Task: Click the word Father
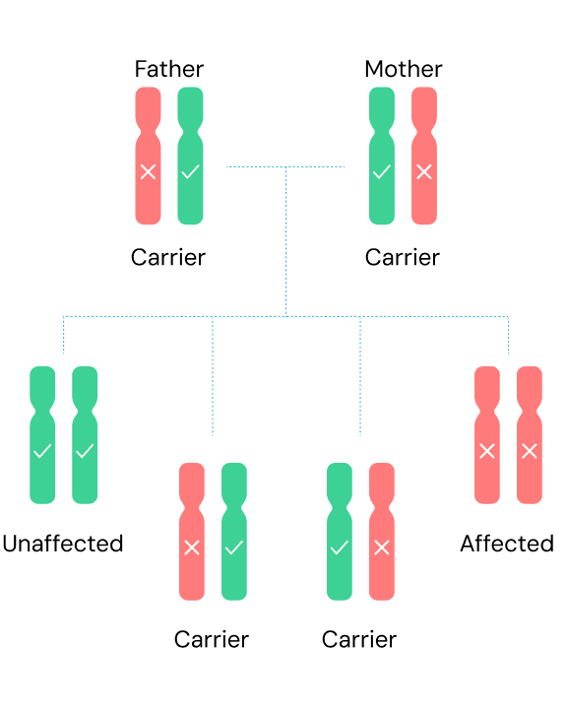[x=169, y=69]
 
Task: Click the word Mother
[x=404, y=69]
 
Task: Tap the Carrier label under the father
[x=168, y=257]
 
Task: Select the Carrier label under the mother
[x=403, y=257]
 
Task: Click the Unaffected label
[x=63, y=544]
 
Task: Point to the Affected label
[x=507, y=544]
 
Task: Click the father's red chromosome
[x=148, y=156]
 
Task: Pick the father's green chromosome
[x=190, y=156]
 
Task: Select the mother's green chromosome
[x=382, y=156]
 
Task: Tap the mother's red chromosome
[x=424, y=156]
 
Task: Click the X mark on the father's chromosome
[x=148, y=171]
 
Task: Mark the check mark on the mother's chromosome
[x=382, y=171]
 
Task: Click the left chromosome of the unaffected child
[x=42, y=435]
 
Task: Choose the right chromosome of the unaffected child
[x=85, y=435]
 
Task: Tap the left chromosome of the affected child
[x=487, y=435]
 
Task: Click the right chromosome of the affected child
[x=530, y=435]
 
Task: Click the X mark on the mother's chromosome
[x=424, y=171]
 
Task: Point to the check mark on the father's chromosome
[x=190, y=171]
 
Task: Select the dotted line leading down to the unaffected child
[x=63, y=335]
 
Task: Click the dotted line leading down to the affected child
[x=508, y=335]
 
